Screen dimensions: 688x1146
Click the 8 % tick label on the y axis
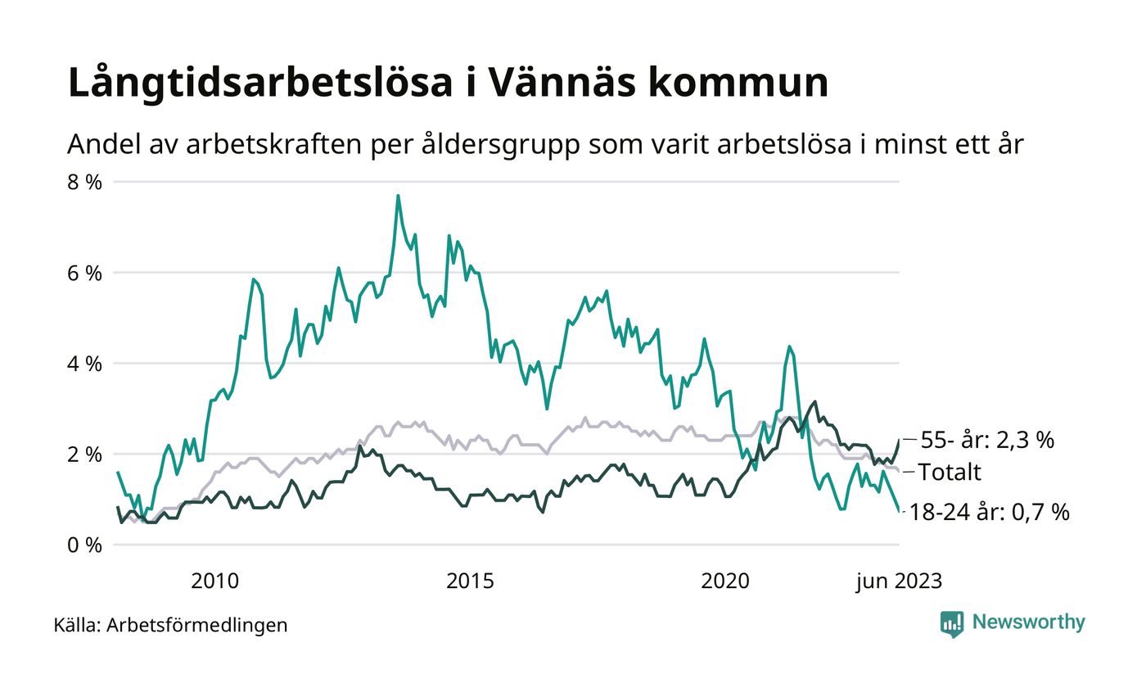pos(84,182)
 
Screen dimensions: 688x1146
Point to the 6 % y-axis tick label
pos(84,273)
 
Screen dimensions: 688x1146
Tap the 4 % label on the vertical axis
pos(84,363)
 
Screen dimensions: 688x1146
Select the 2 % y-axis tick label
pos(84,454)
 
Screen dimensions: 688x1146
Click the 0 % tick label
pos(84,545)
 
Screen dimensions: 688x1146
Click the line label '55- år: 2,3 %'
pos(986,441)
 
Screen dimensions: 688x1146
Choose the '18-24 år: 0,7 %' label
pos(995,513)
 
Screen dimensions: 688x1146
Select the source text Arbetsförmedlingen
pos(197,626)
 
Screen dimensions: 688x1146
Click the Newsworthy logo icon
pos(952,623)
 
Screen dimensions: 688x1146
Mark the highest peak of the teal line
pos(398,196)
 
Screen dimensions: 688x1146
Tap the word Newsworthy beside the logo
pos(1029,622)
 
